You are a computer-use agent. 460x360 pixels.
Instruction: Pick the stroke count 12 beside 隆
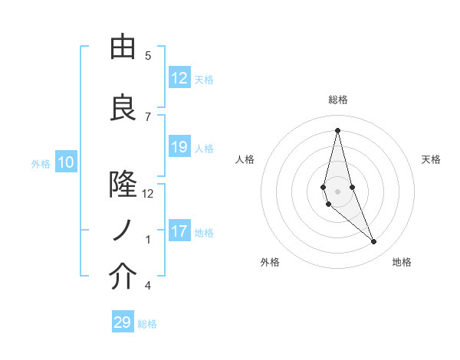[148, 194]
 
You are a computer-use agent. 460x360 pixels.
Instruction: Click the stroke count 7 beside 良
[148, 116]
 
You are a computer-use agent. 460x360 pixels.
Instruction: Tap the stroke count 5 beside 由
[148, 56]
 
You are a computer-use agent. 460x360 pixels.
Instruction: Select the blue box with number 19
[179, 148]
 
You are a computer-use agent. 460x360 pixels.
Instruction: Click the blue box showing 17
[179, 232]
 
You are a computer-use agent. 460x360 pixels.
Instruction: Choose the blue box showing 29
[123, 322]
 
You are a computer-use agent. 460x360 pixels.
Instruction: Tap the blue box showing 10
[66, 162]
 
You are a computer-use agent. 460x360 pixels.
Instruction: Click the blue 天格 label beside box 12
[204, 80]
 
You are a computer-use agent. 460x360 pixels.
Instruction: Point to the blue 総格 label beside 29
[148, 324]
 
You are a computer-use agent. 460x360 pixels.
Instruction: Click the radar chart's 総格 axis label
[338, 100]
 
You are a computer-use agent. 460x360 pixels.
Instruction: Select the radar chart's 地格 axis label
[402, 262]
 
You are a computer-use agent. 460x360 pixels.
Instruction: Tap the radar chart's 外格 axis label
[270, 262]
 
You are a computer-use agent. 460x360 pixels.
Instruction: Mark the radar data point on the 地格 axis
[374, 242]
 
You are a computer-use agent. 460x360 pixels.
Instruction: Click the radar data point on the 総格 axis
[337, 130]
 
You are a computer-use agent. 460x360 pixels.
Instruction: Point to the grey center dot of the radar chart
[337, 191]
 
